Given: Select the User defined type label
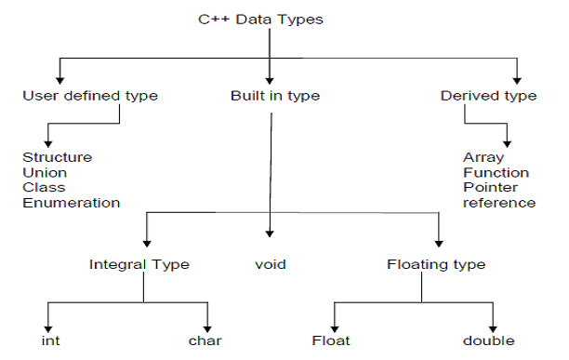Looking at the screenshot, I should click(x=90, y=96).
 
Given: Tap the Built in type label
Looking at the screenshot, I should click(x=271, y=96).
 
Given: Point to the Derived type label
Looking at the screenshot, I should click(x=488, y=96).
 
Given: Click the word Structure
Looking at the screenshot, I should click(x=58, y=157).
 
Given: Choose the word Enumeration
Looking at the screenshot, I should click(x=71, y=202).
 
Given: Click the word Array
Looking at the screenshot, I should click(x=483, y=157).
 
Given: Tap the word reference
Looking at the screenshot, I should click(x=499, y=202).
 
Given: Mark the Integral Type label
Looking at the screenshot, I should click(x=139, y=264).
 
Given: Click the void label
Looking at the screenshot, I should click(x=270, y=264).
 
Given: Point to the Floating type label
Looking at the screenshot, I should click(x=435, y=264).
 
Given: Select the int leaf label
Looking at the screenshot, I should click(x=51, y=340).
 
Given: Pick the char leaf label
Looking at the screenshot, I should click(x=205, y=340).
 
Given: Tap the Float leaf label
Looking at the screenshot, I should click(x=331, y=340).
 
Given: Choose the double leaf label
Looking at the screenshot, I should click(x=489, y=340).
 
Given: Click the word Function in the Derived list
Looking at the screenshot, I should click(x=496, y=172).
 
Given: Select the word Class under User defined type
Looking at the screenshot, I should click(x=43, y=187).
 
